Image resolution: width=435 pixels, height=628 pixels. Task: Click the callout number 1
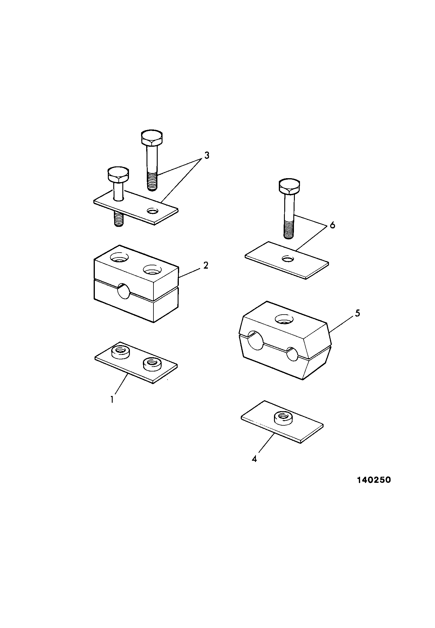112,400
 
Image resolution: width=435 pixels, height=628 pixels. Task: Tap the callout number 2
206,265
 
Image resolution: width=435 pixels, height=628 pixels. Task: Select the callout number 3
206,155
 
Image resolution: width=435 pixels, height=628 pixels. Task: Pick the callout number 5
357,313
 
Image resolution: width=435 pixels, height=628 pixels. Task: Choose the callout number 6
332,225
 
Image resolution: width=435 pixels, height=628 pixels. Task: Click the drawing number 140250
374,480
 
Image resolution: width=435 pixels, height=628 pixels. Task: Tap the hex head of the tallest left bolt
152,138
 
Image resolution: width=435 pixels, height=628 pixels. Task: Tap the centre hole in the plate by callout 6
288,259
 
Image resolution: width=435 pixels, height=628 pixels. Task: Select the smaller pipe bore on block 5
292,354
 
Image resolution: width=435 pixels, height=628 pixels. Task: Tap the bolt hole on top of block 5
284,319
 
